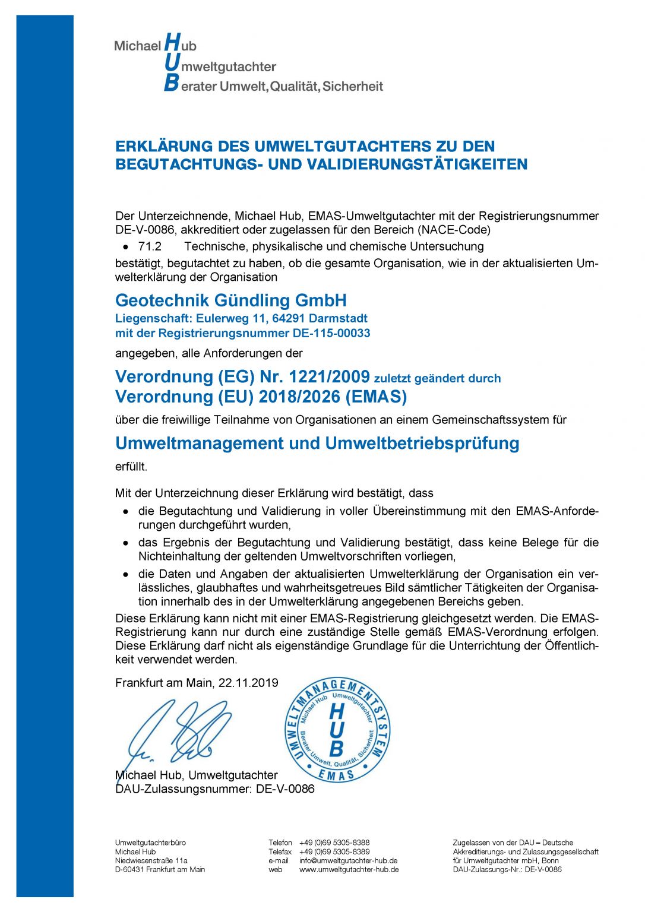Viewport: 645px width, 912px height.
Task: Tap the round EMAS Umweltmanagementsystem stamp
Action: point(337,730)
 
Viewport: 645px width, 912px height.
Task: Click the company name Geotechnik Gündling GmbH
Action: point(230,300)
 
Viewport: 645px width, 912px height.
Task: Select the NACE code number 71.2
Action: point(150,246)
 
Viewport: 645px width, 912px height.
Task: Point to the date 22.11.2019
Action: point(248,683)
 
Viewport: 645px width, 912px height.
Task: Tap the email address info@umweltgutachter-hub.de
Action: point(348,860)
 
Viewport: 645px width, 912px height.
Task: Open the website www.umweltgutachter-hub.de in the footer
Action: point(349,869)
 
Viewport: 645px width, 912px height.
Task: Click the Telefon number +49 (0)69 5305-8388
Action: point(334,843)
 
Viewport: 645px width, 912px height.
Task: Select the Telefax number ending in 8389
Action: point(334,851)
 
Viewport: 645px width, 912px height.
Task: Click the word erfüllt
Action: point(131,467)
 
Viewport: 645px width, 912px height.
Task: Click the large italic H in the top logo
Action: point(172,43)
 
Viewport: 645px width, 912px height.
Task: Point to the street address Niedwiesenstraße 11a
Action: point(151,860)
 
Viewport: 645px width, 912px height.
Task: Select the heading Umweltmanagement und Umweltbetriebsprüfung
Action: point(317,444)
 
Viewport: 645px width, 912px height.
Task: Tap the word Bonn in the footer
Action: point(550,860)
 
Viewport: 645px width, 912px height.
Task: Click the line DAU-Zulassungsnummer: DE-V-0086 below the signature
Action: point(214,789)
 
